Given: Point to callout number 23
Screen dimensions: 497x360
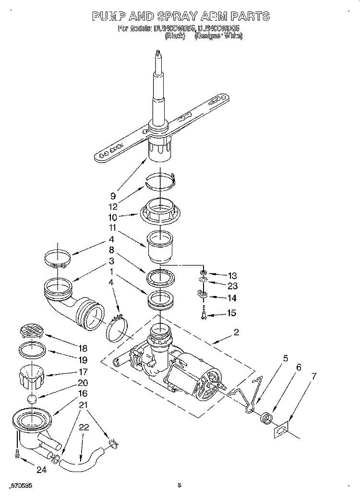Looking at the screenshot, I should [x=232, y=286].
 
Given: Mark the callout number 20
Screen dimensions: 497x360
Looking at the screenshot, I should [x=83, y=383].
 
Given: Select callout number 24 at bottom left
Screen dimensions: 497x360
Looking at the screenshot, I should [x=42, y=471].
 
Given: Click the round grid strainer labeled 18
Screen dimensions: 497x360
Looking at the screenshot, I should [x=31, y=331].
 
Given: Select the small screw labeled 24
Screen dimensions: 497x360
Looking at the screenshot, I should [x=17, y=453].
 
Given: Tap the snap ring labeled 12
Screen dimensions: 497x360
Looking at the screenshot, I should [x=161, y=179].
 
